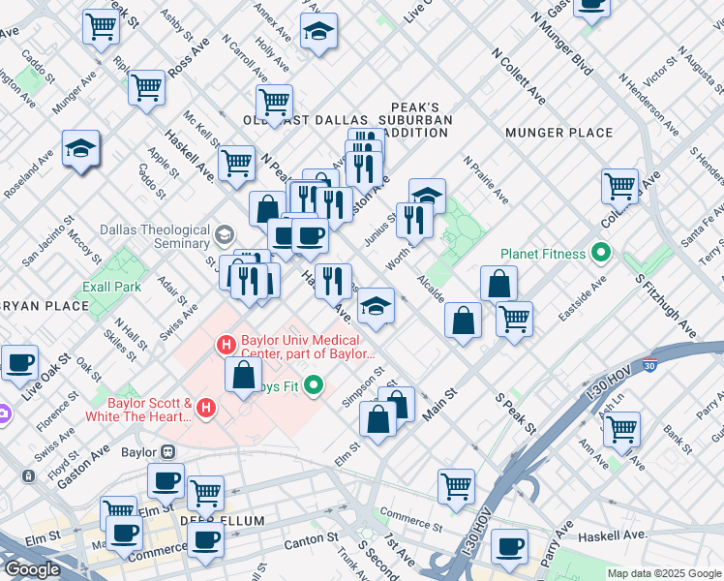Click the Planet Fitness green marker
click(x=601, y=255)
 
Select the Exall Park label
click(x=111, y=287)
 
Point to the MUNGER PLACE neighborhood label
click(x=558, y=133)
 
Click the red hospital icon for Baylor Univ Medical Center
click(x=226, y=344)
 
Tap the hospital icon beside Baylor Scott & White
click(x=205, y=410)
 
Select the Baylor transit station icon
click(x=166, y=451)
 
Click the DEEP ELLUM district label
click(x=222, y=521)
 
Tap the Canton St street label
click(x=311, y=543)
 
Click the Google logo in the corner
click(x=33, y=569)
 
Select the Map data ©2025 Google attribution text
click(x=664, y=573)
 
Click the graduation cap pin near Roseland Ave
click(x=80, y=148)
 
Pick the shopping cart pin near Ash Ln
click(x=620, y=428)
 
